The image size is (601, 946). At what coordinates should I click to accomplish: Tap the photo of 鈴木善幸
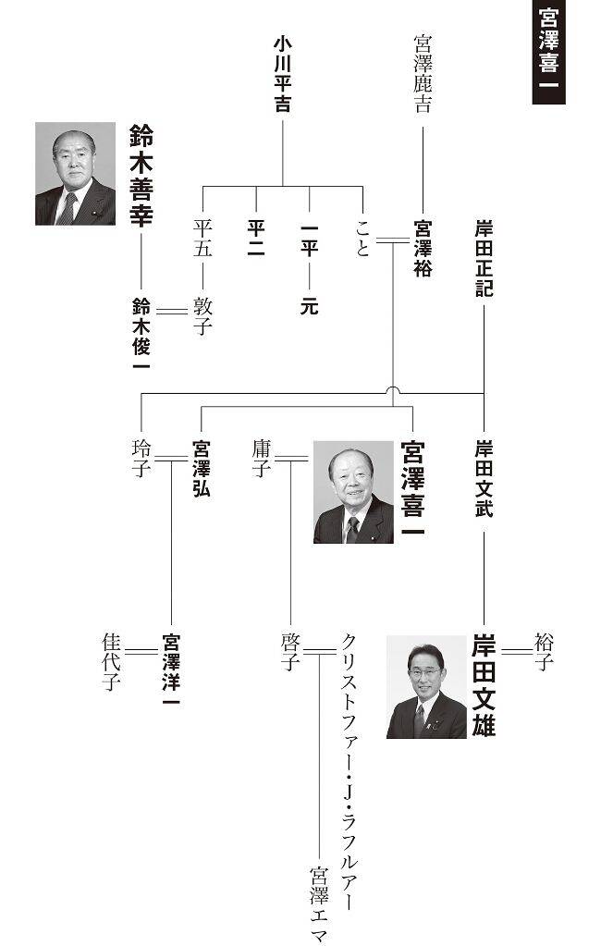point(76,174)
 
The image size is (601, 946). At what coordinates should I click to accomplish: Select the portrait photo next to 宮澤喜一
point(353,491)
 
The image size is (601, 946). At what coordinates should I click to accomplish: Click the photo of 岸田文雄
point(426,686)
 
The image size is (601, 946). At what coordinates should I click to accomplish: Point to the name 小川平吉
point(282,75)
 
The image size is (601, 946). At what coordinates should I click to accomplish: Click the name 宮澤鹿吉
point(423,74)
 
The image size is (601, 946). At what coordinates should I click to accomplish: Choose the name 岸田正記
point(484,258)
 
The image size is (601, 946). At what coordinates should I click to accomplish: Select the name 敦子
point(202,316)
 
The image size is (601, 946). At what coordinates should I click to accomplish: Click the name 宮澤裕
point(423,249)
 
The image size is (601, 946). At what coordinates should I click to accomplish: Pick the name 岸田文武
point(484,478)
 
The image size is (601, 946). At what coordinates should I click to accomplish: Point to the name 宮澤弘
point(201,468)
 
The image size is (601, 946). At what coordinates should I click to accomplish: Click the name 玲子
point(141,458)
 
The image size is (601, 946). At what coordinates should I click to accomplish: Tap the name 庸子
point(261,458)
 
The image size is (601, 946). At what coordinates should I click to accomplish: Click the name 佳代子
point(113,661)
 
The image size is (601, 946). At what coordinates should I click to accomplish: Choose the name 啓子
point(290,652)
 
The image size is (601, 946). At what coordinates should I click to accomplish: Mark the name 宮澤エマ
point(320,903)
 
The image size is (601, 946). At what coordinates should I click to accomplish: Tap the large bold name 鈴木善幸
point(141,175)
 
